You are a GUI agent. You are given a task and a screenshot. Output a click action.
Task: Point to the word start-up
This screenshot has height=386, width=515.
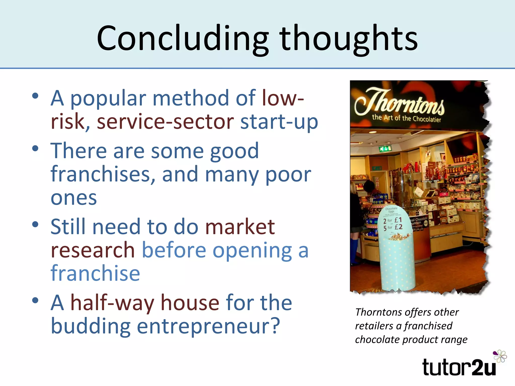(279, 122)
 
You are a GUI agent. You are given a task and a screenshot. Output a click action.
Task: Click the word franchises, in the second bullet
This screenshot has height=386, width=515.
(103, 174)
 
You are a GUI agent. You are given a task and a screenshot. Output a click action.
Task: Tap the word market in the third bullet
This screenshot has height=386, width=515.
(240, 227)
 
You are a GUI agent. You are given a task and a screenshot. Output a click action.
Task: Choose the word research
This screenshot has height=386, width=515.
(93, 250)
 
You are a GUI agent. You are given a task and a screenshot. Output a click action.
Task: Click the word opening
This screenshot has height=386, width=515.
(252, 250)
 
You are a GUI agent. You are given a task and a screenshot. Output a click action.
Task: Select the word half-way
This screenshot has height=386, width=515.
(112, 303)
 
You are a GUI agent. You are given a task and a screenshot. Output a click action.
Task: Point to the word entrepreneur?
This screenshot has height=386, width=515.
(208, 326)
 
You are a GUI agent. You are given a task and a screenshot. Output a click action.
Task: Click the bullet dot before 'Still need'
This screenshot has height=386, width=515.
(35, 224)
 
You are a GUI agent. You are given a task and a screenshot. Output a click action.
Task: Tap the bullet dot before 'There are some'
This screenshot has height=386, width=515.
(35, 148)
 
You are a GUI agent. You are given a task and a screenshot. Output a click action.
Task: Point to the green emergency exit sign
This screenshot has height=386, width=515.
(385, 149)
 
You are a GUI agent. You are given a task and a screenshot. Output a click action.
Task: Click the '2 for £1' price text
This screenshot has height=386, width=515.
(393, 221)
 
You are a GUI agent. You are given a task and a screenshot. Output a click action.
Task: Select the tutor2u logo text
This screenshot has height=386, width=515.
(459, 367)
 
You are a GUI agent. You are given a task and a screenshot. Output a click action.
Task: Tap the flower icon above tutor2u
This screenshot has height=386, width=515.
(500, 356)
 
